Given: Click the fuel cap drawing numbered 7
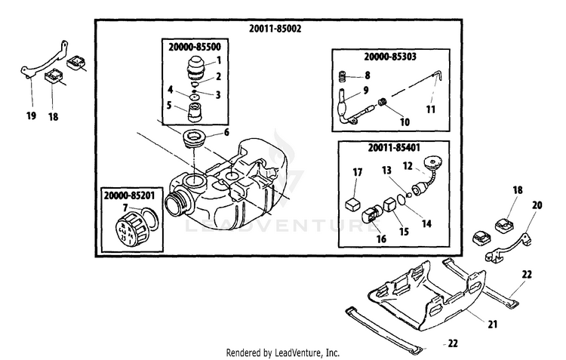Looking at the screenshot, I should point(134,226).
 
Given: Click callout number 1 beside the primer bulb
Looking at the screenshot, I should point(218,60).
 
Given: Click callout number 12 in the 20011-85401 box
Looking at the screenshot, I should point(407,165).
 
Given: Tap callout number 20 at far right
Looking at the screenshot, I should point(537,205).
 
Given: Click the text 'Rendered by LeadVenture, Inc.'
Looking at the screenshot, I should point(283,352).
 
